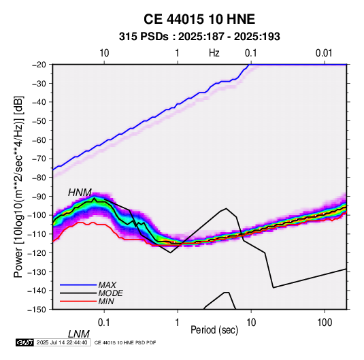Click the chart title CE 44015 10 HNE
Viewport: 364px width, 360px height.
(199, 19)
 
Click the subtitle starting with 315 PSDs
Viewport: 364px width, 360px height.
(199, 37)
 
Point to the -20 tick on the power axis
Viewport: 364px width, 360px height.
(39, 65)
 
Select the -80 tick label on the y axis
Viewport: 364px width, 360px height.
(39, 178)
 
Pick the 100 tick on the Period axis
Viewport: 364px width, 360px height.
(325, 323)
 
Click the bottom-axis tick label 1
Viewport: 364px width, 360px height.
(178, 323)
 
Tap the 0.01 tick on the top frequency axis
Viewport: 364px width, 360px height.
(324, 53)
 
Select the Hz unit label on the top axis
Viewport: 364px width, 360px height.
(214, 53)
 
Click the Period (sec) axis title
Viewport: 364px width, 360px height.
(214, 330)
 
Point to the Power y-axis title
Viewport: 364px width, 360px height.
(18, 187)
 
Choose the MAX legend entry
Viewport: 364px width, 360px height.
(107, 284)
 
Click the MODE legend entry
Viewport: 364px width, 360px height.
(110, 293)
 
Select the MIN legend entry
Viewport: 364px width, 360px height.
(106, 301)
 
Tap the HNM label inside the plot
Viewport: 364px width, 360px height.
(80, 193)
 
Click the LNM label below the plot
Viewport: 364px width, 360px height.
(78, 334)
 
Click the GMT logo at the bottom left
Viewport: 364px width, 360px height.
(25, 342)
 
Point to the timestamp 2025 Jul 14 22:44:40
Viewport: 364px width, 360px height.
(62, 342)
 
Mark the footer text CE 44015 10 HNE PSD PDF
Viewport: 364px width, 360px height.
(125, 342)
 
